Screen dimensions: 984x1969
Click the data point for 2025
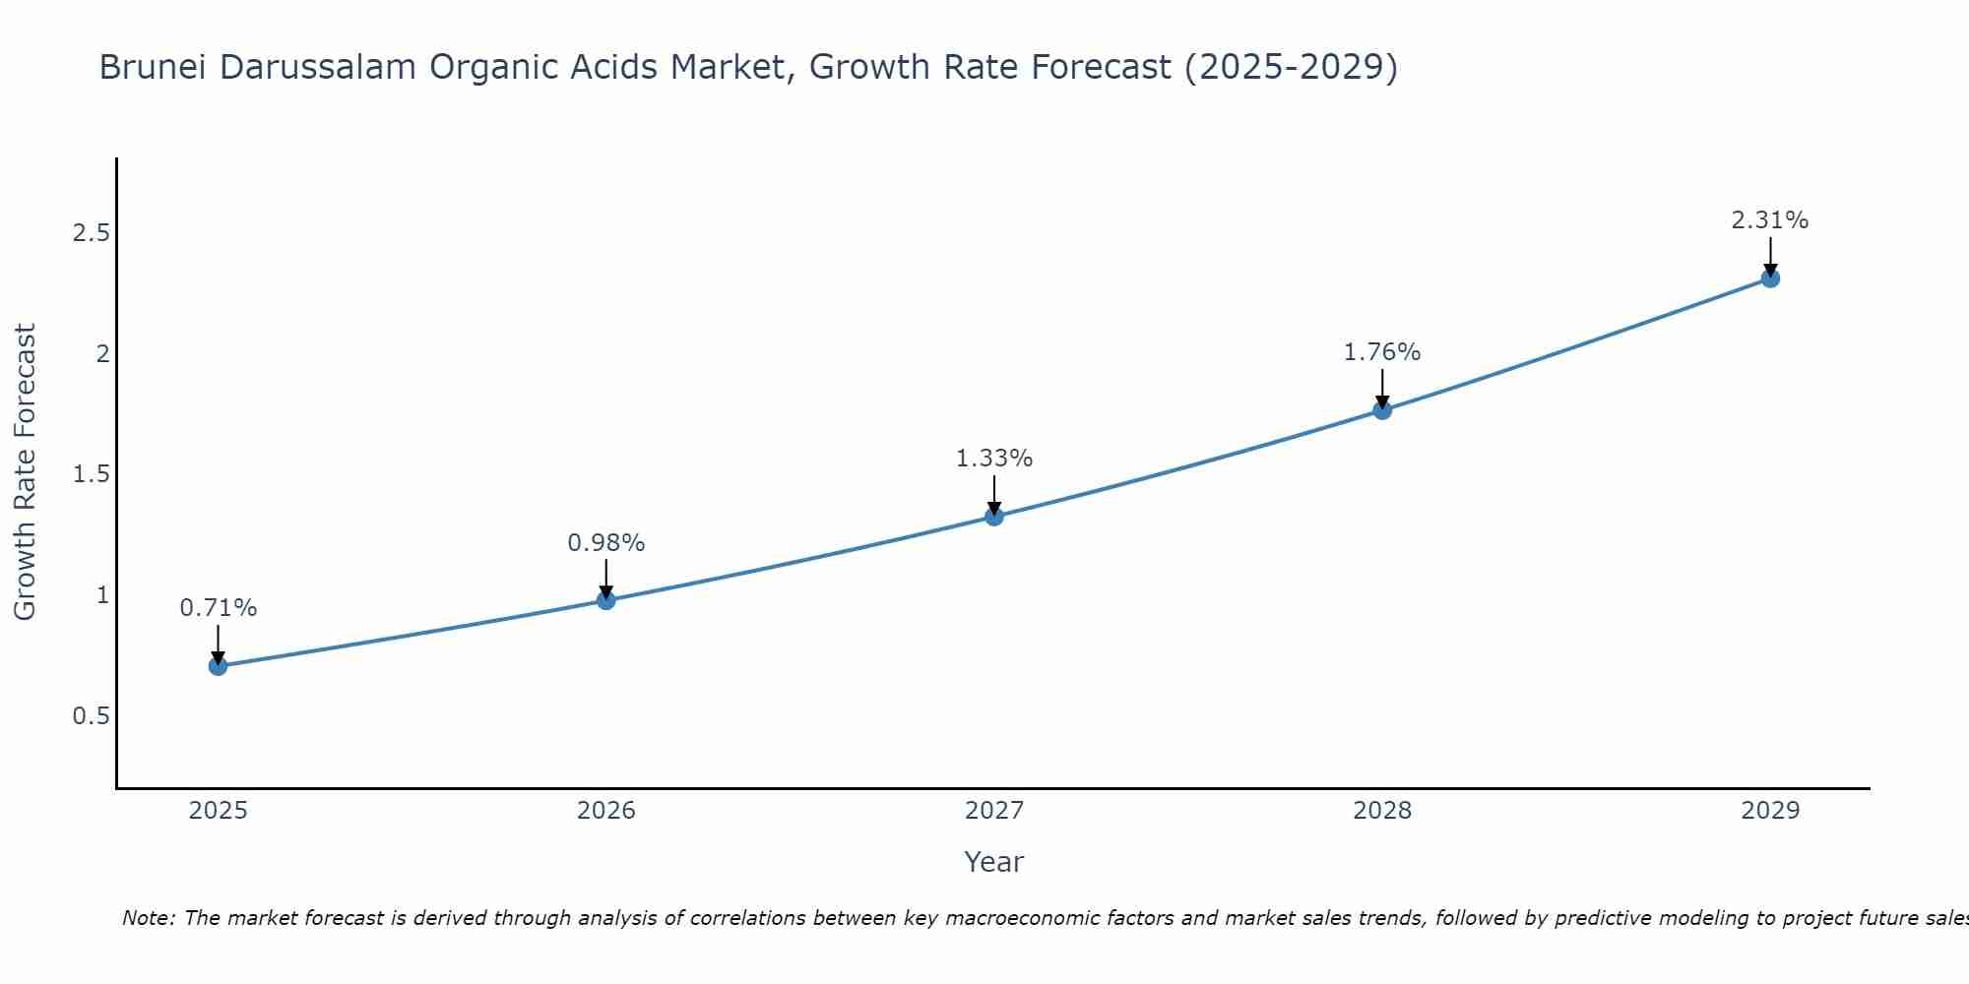pyautogui.click(x=218, y=666)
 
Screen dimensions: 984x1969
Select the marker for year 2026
pyautogui.click(x=606, y=600)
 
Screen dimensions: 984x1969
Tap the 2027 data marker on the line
pyautogui.click(x=994, y=516)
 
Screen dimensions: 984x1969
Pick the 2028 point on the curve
pyautogui.click(x=1382, y=410)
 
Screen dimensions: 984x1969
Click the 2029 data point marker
pyautogui.click(x=1770, y=278)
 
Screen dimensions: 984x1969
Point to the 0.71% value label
pyautogui.click(x=218, y=608)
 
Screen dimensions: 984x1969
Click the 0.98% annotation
pyautogui.click(x=606, y=543)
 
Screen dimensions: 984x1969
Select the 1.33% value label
pyautogui.click(x=994, y=459)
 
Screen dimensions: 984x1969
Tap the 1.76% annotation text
pyautogui.click(x=1382, y=352)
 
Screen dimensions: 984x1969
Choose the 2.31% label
pyautogui.click(x=1770, y=220)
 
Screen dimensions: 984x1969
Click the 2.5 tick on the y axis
pyautogui.click(x=91, y=233)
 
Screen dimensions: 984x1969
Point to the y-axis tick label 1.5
pyautogui.click(x=91, y=474)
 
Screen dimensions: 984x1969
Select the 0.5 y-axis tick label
pyautogui.click(x=91, y=716)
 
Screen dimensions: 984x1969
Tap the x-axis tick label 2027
pyautogui.click(x=994, y=811)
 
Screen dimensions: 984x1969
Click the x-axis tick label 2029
pyautogui.click(x=1770, y=811)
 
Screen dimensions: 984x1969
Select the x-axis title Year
pyautogui.click(x=994, y=862)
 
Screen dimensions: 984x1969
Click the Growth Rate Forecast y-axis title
pyautogui.click(x=25, y=472)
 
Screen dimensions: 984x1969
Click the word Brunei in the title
pyautogui.click(x=154, y=67)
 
